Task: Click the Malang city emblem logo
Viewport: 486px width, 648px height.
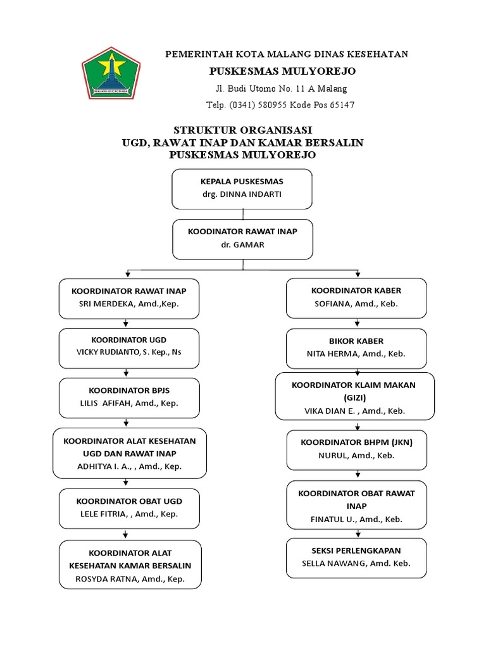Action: point(112,75)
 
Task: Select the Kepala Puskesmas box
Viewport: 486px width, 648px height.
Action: point(242,188)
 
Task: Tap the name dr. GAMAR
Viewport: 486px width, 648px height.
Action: point(243,244)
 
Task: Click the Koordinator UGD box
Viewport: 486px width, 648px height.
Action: point(128,348)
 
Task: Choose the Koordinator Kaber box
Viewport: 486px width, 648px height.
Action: point(356,297)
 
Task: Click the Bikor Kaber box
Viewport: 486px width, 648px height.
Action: point(356,348)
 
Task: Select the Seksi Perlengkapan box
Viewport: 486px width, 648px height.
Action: point(356,557)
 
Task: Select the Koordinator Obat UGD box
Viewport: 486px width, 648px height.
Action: point(128,508)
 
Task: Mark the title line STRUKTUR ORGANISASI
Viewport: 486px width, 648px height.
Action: point(242,130)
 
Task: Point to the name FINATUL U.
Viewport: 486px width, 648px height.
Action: point(332,520)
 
